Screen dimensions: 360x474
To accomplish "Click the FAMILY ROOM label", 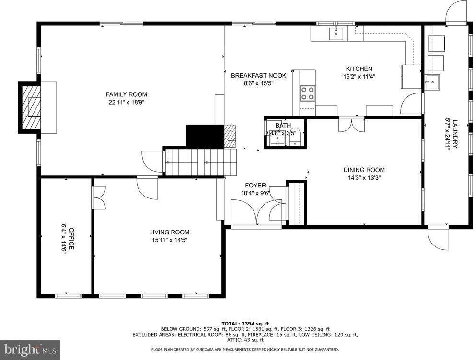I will point(126,94).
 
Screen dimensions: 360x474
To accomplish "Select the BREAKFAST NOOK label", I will point(258,75).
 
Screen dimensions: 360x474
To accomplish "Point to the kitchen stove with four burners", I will point(307,93).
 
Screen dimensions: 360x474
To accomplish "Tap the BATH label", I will point(283,126).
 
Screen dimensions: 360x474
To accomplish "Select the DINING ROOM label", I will point(364,170).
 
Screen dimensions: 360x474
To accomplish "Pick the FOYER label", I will point(255,186).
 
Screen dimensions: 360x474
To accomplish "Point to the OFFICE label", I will point(71,237).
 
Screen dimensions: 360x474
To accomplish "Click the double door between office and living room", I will point(99,197).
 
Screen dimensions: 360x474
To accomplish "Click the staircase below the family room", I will point(201,162).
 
